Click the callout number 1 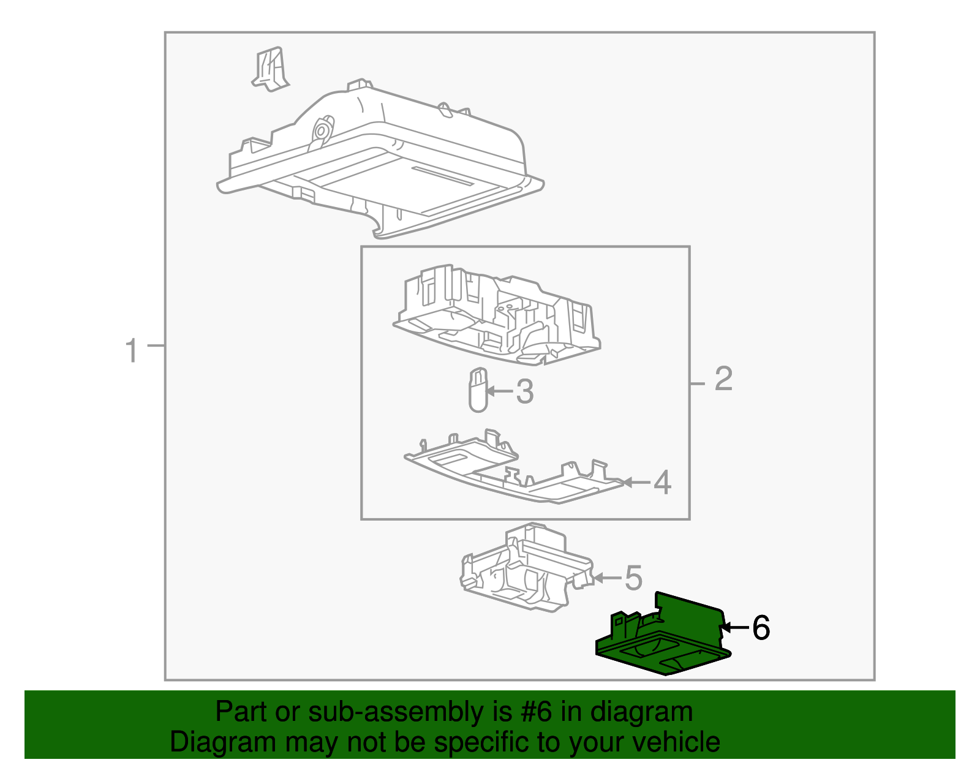131,350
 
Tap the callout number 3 525,391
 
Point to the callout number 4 662,483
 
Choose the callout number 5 633,578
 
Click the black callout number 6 761,627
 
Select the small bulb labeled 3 478,390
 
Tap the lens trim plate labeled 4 514,469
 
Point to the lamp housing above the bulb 497,315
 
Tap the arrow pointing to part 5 608,578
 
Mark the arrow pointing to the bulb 500,391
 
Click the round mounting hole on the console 321,131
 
